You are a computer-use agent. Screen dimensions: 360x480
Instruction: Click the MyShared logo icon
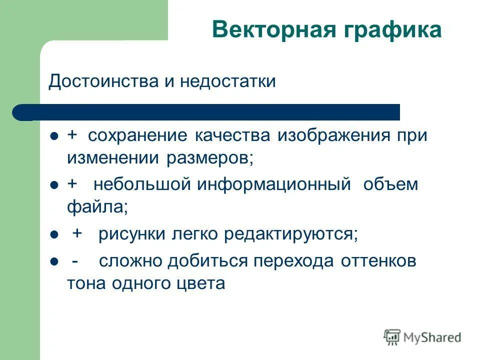(x=392, y=337)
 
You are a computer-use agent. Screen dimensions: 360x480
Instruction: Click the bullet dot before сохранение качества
(x=55, y=136)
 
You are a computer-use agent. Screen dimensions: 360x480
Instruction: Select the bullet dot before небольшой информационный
(x=55, y=185)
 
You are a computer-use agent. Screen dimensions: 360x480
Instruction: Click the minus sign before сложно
(x=74, y=261)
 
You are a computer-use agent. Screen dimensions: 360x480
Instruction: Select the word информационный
(x=273, y=184)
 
